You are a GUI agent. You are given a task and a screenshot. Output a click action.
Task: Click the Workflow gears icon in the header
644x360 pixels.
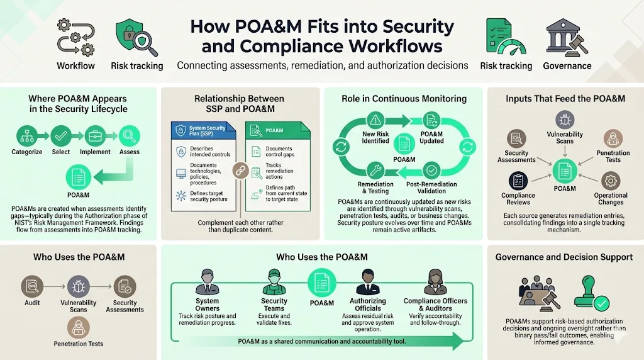coord(75,38)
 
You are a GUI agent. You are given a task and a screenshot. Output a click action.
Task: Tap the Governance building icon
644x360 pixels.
coord(567,37)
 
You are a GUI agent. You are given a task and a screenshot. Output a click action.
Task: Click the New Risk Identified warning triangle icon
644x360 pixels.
coord(375,119)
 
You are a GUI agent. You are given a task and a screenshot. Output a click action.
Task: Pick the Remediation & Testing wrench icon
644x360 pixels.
coord(375,169)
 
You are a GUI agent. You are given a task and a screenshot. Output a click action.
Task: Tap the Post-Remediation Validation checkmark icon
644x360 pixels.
coord(431,169)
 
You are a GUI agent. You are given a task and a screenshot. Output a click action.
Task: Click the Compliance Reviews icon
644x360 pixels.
coord(518,181)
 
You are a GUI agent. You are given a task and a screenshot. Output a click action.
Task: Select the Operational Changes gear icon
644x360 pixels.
coord(610,181)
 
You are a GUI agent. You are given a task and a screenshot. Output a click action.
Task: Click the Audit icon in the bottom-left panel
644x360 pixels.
coord(32,286)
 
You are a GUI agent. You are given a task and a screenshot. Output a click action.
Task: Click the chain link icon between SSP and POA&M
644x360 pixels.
coord(240,170)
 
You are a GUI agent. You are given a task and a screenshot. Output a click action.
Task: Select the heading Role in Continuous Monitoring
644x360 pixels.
coord(403,99)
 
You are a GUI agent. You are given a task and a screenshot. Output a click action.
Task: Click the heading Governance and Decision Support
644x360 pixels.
coord(564,257)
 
